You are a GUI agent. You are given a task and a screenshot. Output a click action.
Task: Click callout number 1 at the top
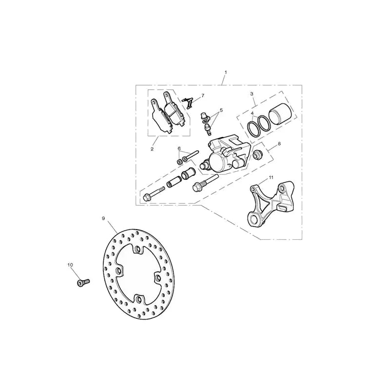(x=226, y=72)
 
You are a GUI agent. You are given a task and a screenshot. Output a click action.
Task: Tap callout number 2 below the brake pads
(x=152, y=149)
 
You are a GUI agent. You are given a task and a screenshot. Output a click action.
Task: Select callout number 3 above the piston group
(x=252, y=94)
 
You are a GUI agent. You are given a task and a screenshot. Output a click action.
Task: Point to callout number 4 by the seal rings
(x=252, y=113)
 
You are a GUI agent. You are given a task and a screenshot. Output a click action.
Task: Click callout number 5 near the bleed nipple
(x=221, y=110)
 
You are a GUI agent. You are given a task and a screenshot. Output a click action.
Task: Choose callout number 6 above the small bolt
(x=179, y=149)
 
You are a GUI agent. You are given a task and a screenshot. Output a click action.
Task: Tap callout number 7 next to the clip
(x=203, y=96)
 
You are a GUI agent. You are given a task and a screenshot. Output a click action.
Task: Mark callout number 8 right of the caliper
(x=279, y=143)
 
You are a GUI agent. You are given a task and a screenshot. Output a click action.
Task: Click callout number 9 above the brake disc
(x=103, y=218)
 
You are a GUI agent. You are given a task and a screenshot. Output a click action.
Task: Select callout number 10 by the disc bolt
(x=70, y=265)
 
